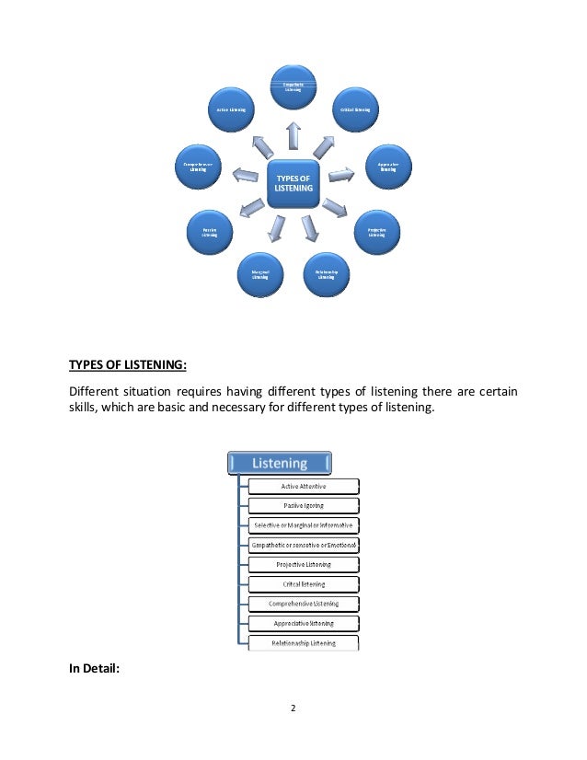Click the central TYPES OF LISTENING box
click(293, 181)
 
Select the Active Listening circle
click(230, 110)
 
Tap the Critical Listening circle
click(355, 110)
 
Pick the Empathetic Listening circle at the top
click(293, 87)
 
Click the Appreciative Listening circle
click(387, 167)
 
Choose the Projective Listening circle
click(376, 232)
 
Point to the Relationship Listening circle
click(327, 274)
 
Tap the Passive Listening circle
click(210, 232)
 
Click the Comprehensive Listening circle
click(197, 167)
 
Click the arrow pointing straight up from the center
click(293, 134)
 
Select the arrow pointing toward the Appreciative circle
click(342, 171)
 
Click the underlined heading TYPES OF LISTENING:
click(128, 365)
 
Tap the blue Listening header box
click(280, 463)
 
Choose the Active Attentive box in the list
click(303, 485)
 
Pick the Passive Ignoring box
click(303, 505)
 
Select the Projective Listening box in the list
click(303, 564)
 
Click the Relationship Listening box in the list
click(303, 643)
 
